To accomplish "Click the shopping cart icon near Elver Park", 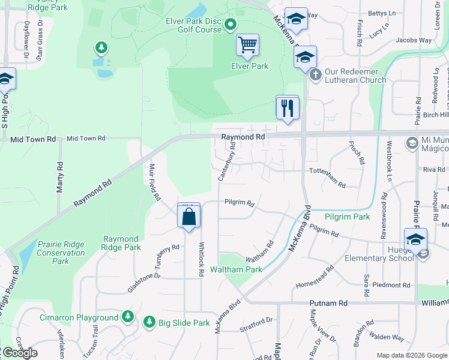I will (x=247, y=44).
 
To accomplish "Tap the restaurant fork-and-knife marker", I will (x=287, y=107).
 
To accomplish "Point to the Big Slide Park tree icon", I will (x=149, y=323).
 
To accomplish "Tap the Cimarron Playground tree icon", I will (x=127, y=316).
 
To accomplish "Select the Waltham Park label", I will (x=244, y=269).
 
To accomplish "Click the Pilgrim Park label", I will (x=348, y=217).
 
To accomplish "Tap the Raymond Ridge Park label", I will (x=121, y=243).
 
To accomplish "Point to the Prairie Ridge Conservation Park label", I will (x=61, y=253).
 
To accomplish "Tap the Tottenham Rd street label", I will (x=327, y=178).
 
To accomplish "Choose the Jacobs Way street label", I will (x=414, y=41).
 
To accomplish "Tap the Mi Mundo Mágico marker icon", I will (x=412, y=143).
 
